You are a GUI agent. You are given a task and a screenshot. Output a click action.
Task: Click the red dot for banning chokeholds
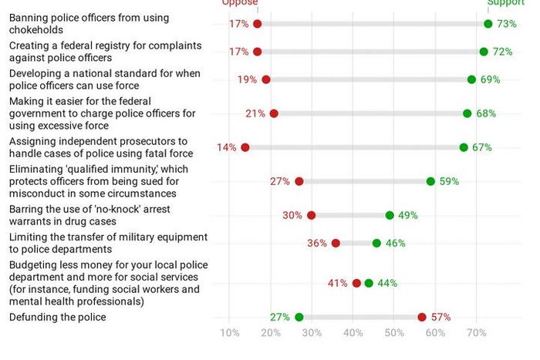[x=258, y=24]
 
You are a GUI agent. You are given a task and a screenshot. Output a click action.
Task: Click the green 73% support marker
[x=488, y=24]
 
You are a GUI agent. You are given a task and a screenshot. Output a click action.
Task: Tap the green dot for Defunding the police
[x=299, y=317]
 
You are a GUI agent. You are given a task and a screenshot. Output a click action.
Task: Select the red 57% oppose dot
[x=422, y=317]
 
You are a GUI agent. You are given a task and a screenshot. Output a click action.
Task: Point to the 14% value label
[x=227, y=147]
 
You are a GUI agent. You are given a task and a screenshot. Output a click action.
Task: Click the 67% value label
[x=482, y=147]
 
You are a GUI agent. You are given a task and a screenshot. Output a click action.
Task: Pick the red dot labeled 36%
[x=336, y=243]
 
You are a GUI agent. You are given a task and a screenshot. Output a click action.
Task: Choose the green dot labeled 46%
[x=376, y=243]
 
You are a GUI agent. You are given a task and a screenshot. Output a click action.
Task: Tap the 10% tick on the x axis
[x=230, y=333]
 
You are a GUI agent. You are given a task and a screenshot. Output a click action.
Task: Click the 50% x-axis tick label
[x=394, y=333]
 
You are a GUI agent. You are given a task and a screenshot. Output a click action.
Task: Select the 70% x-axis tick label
[x=477, y=333]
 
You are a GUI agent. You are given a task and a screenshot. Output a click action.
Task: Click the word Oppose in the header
[x=240, y=3]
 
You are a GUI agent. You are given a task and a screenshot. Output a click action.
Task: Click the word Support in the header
[x=505, y=3]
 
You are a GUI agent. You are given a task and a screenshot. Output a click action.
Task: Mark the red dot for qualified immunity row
[x=299, y=181]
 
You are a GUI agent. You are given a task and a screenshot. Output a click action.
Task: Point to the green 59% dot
[x=430, y=181]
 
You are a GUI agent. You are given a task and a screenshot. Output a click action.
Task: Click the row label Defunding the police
[x=58, y=317]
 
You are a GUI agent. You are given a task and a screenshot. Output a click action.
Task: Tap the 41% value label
[x=337, y=283]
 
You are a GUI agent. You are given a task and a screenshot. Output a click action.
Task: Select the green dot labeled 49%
[x=390, y=215]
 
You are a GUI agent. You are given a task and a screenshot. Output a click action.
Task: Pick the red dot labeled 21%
[x=274, y=113]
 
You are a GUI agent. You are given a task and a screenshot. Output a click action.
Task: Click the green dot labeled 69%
[x=471, y=79]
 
